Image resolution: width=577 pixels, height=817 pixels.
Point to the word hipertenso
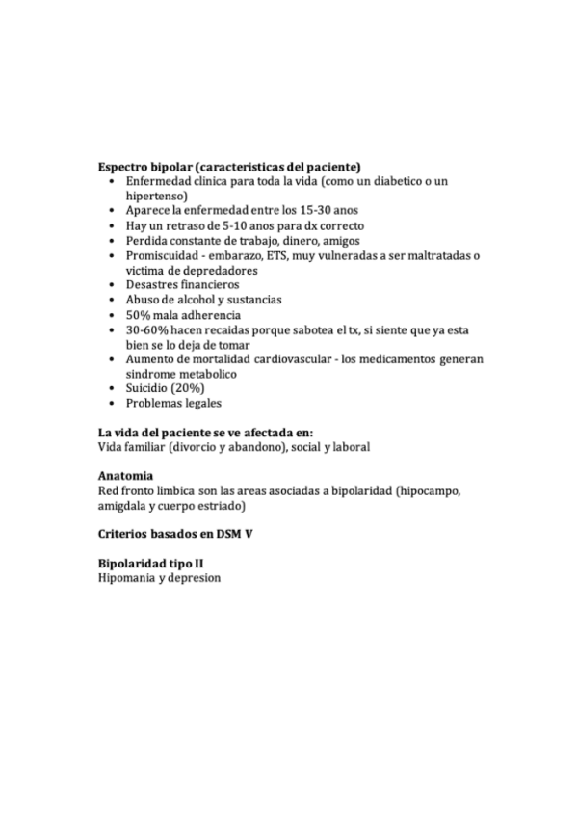(x=155, y=196)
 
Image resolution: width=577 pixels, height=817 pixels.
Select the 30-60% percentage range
(x=147, y=329)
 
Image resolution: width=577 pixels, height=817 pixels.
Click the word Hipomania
(x=126, y=578)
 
